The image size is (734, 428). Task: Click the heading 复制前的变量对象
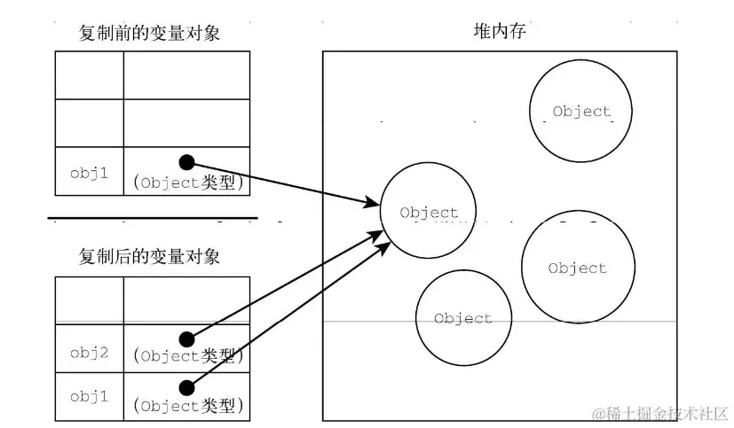tap(149, 34)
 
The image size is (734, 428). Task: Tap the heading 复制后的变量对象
tap(149, 257)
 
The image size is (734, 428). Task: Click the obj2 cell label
tap(89, 352)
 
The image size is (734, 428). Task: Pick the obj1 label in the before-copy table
tap(89, 173)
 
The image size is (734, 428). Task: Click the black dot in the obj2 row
tap(186, 339)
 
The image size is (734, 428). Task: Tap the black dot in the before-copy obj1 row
tap(186, 161)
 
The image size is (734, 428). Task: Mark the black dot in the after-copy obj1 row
tap(186, 386)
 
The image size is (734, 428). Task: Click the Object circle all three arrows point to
tap(429, 212)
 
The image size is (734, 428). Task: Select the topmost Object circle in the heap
tap(581, 112)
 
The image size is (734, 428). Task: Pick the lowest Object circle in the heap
tap(462, 317)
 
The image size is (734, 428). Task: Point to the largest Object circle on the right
tap(577, 268)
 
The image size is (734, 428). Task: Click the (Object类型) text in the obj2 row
tap(187, 357)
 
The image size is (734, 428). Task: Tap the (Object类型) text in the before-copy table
tap(187, 183)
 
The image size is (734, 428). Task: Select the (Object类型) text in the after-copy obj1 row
tap(187, 407)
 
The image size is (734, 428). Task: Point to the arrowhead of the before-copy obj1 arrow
tap(375, 205)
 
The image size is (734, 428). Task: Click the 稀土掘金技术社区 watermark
tap(660, 414)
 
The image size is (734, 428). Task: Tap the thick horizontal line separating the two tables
tap(152, 217)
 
